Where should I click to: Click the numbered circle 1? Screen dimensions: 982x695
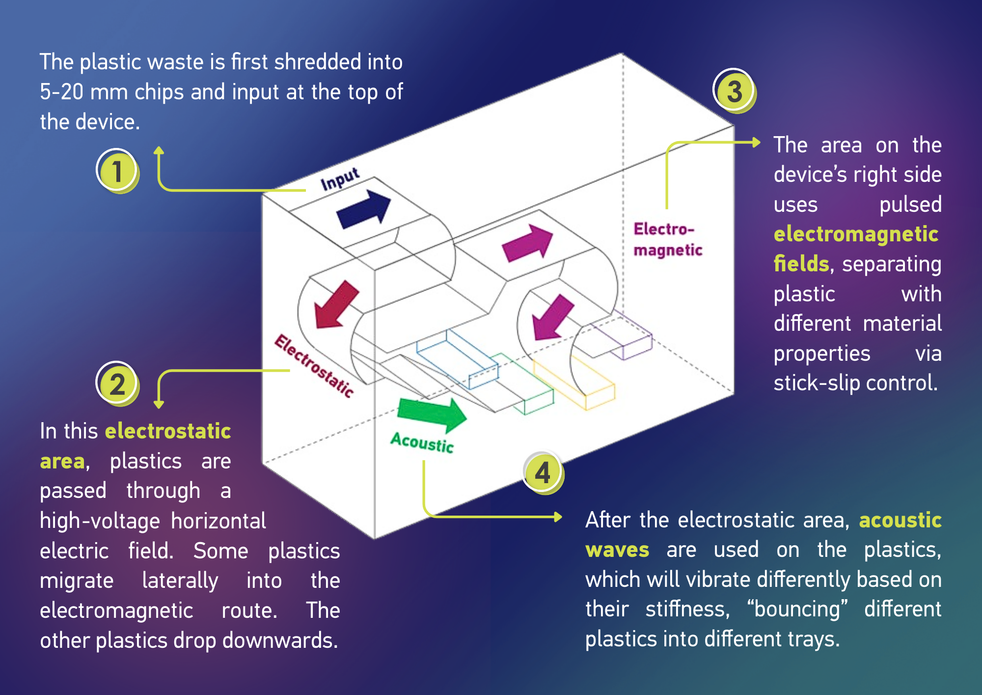point(117,171)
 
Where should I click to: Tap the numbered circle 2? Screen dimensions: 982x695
point(117,384)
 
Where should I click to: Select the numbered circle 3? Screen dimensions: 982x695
point(734,91)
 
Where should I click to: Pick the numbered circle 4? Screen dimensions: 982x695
point(543,472)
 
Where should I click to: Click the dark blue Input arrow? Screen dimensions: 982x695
point(364,210)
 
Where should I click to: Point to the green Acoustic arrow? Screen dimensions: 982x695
point(432,414)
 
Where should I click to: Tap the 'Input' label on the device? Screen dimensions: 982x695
point(340,179)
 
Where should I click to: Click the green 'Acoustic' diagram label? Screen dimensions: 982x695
point(422,442)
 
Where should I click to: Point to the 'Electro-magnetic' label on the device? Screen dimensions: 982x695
point(668,239)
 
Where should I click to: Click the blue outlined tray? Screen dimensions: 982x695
point(457,359)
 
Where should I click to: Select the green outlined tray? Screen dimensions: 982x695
point(524,384)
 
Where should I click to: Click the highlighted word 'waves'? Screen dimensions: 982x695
point(617,550)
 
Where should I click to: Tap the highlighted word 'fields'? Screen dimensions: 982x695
point(801,263)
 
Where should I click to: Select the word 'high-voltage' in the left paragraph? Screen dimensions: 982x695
point(100,521)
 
